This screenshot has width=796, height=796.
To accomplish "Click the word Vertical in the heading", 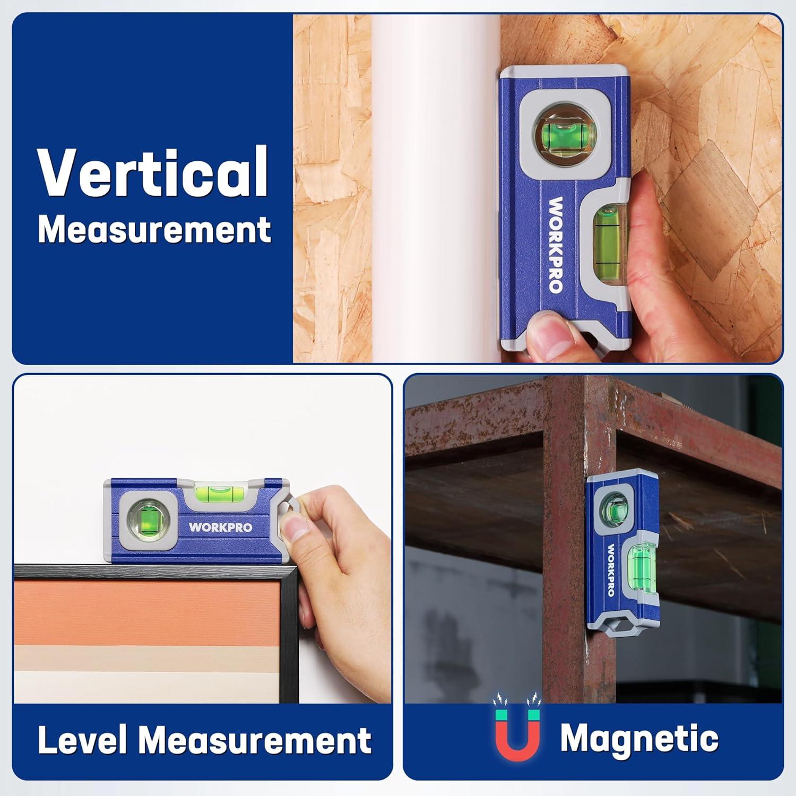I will click(x=153, y=171).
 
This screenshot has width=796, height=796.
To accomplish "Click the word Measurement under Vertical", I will click(x=154, y=230).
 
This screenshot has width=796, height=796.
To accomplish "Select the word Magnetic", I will click(x=639, y=738).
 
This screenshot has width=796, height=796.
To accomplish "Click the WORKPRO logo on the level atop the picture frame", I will click(x=220, y=527).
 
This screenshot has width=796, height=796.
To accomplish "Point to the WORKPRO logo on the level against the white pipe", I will click(x=555, y=244).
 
